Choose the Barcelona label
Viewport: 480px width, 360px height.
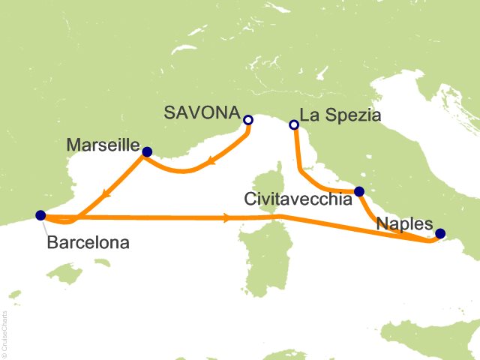point(88,242)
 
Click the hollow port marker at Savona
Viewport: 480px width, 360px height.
point(248,120)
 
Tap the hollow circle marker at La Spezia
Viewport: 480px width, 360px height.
point(295,124)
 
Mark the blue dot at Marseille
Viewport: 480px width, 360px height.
point(147,152)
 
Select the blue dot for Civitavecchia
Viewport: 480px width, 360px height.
point(359,191)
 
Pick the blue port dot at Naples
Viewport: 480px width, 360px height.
point(440,233)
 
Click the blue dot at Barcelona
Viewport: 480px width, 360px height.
point(40,215)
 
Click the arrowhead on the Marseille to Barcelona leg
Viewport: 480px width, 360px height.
point(109,192)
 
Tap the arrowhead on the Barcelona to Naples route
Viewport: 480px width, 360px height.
point(226,219)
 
